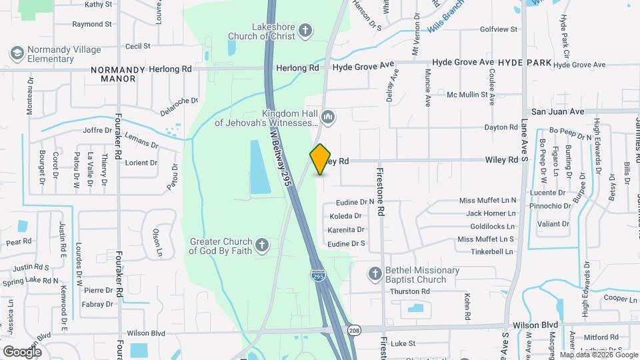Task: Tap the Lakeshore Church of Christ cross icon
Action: pyautogui.click(x=305, y=30)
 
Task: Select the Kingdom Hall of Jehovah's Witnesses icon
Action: pyautogui.click(x=327, y=118)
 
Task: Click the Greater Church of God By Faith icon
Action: pyautogui.click(x=262, y=246)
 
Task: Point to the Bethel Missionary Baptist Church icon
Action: pyautogui.click(x=375, y=274)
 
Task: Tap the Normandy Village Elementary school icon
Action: pyautogui.click(x=17, y=53)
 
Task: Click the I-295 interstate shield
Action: pyautogui.click(x=318, y=275)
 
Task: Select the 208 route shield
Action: pyautogui.click(x=353, y=330)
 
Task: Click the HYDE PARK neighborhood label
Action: pyautogui.click(x=525, y=63)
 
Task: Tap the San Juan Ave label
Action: pyautogui.click(x=557, y=111)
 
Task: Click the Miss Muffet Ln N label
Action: pyautogui.click(x=487, y=201)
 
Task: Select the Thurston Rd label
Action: pyautogui.click(x=409, y=291)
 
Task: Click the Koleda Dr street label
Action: pyautogui.click(x=345, y=216)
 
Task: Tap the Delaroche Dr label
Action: pyautogui.click(x=179, y=101)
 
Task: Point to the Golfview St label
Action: pyautogui.click(x=499, y=29)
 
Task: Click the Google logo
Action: pyautogui.click(x=22, y=351)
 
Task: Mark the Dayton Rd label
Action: pyautogui.click(x=501, y=127)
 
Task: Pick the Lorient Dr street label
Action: pyautogui.click(x=140, y=163)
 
